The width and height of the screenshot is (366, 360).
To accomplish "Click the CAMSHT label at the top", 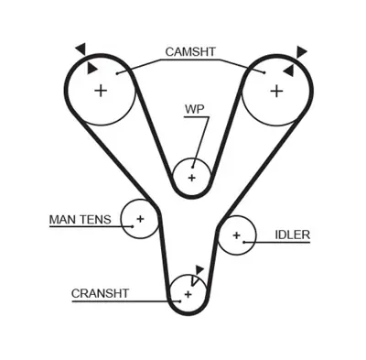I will click(x=189, y=51).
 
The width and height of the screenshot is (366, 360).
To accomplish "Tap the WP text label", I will click(x=194, y=109).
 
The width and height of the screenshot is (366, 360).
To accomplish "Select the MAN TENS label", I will click(x=79, y=219).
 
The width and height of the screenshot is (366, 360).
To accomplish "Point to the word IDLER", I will click(x=292, y=235).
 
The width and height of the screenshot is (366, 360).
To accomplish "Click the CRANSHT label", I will click(x=100, y=293).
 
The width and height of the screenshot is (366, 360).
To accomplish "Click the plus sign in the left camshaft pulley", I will click(x=100, y=90).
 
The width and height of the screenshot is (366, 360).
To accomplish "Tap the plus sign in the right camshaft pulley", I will click(x=274, y=90).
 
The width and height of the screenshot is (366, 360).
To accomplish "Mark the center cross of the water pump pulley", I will click(x=192, y=177).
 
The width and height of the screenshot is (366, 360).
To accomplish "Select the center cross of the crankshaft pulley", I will click(x=188, y=293).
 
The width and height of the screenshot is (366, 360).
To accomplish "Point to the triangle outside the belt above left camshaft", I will click(x=81, y=48).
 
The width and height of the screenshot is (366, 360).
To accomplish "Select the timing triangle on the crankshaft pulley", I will click(x=198, y=272).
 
